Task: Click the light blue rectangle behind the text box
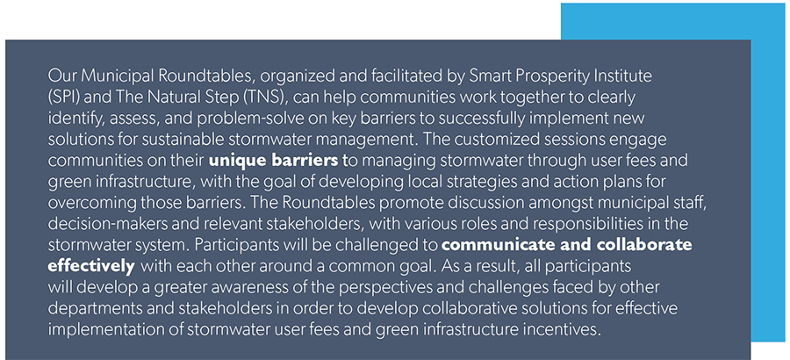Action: tap(768, 176)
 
